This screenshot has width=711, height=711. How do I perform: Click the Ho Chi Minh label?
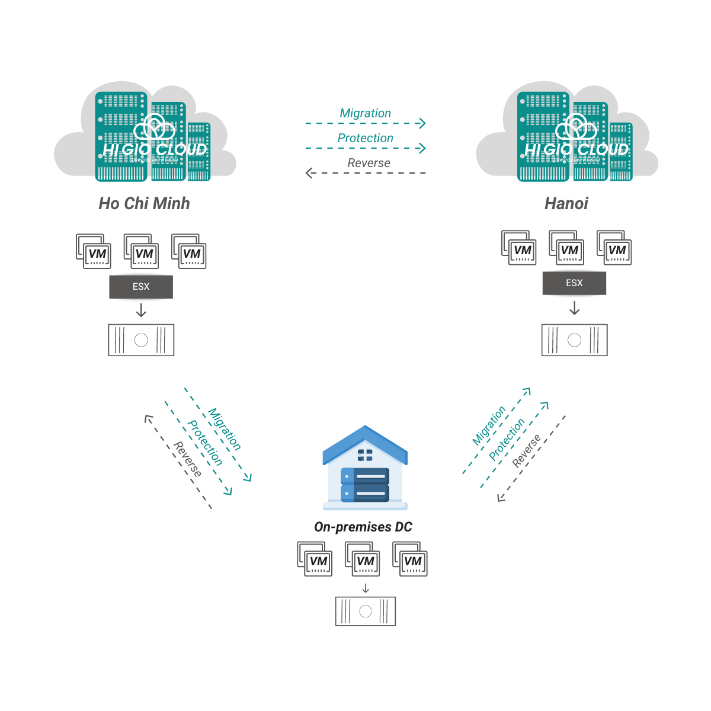(144, 203)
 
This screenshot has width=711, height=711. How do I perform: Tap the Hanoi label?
(566, 203)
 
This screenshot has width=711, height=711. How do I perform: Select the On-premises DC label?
(363, 527)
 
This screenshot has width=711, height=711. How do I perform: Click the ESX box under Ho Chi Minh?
(141, 287)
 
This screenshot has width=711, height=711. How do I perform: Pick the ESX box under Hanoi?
(574, 283)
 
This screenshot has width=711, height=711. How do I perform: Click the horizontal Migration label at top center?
(365, 113)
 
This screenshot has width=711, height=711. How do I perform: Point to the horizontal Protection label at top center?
(365, 138)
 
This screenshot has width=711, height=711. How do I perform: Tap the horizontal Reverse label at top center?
(369, 163)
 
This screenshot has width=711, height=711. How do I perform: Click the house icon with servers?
(365, 468)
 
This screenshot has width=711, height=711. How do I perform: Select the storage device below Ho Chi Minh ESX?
(141, 340)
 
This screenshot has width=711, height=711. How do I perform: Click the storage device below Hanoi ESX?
(574, 340)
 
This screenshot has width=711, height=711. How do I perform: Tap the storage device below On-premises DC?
(365, 611)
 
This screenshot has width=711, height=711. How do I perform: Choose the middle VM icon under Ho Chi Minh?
(142, 251)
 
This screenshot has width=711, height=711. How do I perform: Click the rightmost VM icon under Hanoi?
(614, 248)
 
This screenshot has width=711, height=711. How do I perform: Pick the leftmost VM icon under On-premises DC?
(315, 559)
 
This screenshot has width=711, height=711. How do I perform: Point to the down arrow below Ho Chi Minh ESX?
(141, 310)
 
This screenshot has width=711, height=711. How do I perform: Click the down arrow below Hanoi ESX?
(574, 308)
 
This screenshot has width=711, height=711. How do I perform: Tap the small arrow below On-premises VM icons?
(366, 588)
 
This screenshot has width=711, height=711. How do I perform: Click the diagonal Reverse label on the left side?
(187, 459)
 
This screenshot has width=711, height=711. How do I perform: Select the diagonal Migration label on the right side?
(489, 425)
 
